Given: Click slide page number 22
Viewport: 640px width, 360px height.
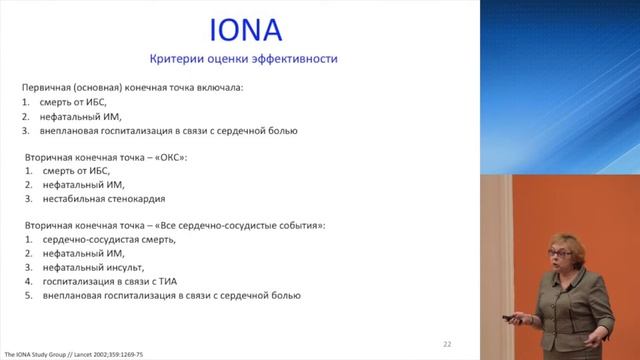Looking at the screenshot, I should pyautogui.click(x=447, y=344).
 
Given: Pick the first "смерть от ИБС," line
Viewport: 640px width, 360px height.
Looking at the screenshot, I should pyautogui.click(x=75, y=102).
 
